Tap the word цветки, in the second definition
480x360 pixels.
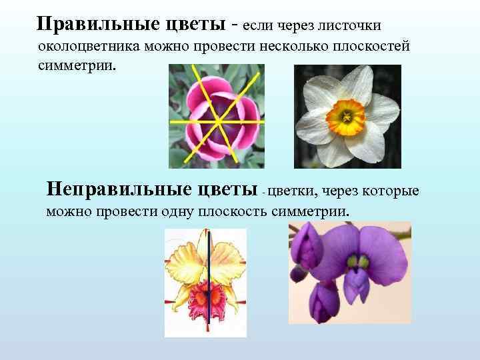294,192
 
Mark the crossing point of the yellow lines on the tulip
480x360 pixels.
218,121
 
